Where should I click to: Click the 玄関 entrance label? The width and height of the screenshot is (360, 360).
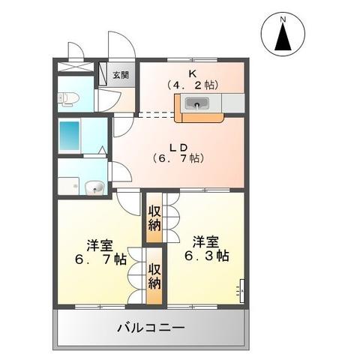[121, 75]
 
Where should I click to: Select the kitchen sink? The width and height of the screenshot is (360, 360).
[199, 106]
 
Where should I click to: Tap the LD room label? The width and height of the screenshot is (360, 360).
[178, 146]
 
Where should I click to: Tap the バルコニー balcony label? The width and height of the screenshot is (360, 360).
[151, 328]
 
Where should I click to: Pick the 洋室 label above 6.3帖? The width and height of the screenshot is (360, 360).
[205, 241]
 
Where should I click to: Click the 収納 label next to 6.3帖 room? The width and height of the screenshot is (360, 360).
[155, 217]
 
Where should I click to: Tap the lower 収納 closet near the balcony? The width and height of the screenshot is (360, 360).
[155, 276]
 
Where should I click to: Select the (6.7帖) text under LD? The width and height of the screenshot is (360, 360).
[178, 158]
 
